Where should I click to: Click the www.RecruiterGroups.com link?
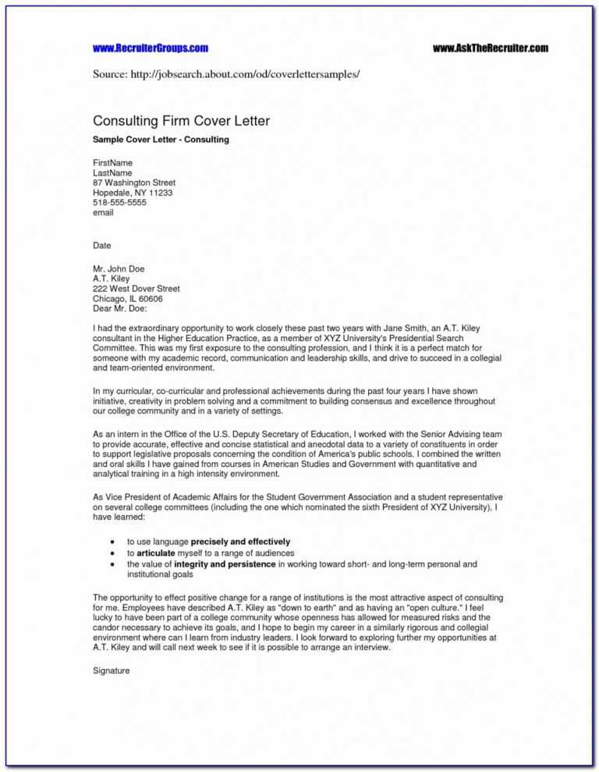click(151, 48)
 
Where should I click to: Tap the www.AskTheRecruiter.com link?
click(491, 48)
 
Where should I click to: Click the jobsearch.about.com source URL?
click(258, 73)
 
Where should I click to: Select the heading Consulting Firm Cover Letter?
click(182, 121)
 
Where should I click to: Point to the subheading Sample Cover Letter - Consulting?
click(161, 140)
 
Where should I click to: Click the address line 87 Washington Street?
click(134, 183)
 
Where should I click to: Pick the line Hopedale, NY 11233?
click(133, 193)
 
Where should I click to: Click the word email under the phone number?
click(104, 212)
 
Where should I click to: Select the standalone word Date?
click(102, 246)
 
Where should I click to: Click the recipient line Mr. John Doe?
click(119, 269)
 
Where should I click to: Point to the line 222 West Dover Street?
click(136, 289)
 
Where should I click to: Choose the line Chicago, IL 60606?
click(128, 298)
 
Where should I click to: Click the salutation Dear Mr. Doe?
click(120, 308)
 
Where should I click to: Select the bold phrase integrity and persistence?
click(225, 564)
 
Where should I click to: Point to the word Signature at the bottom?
click(112, 671)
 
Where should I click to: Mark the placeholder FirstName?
click(113, 163)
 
